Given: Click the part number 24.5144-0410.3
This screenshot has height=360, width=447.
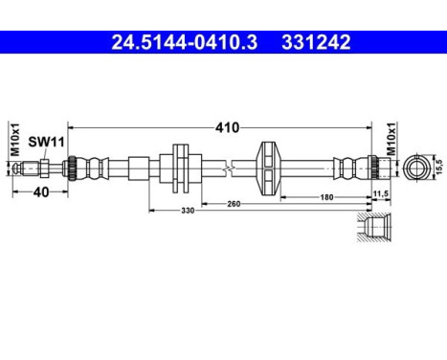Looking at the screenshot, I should [181, 42].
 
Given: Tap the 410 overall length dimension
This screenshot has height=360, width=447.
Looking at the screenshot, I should [227, 126].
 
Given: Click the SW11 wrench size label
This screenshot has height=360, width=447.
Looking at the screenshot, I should [39, 142].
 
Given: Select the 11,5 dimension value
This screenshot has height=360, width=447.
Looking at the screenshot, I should [381, 194].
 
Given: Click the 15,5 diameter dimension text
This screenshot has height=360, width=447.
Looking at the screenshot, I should [439, 166].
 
